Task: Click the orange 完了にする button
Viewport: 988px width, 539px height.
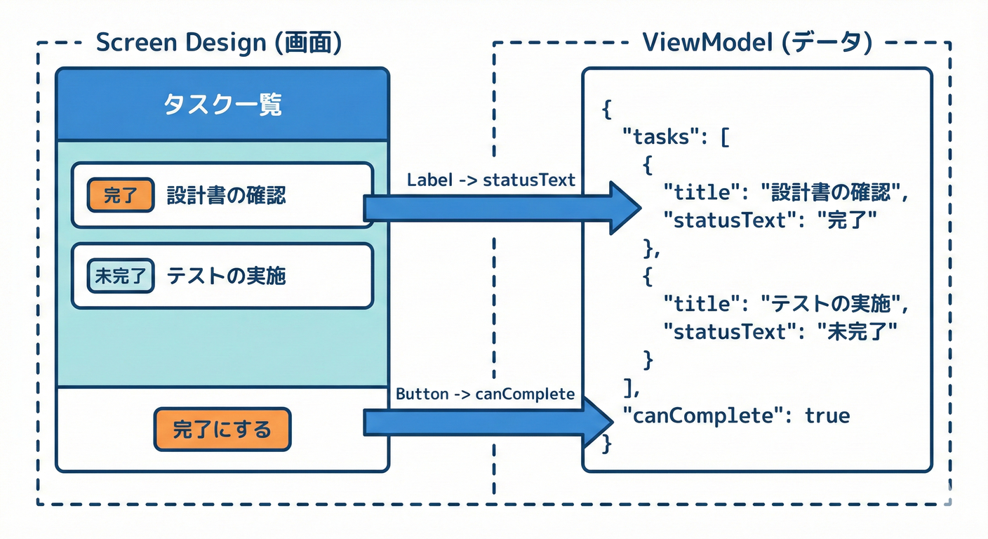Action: point(222,429)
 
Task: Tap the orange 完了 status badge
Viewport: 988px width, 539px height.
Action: point(120,195)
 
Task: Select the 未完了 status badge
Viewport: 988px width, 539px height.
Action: point(120,276)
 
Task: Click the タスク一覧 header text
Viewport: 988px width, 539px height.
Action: point(222,105)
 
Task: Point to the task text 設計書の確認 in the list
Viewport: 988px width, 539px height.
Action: point(226,195)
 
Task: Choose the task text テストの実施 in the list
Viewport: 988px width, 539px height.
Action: point(226,276)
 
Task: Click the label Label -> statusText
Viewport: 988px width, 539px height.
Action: point(490,180)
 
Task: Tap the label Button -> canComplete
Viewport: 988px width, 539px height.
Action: point(485,394)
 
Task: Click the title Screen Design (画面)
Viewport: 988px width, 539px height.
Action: point(218,43)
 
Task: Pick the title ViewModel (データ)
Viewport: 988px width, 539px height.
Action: point(757,43)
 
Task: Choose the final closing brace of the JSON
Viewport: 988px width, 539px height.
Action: point(607,444)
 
